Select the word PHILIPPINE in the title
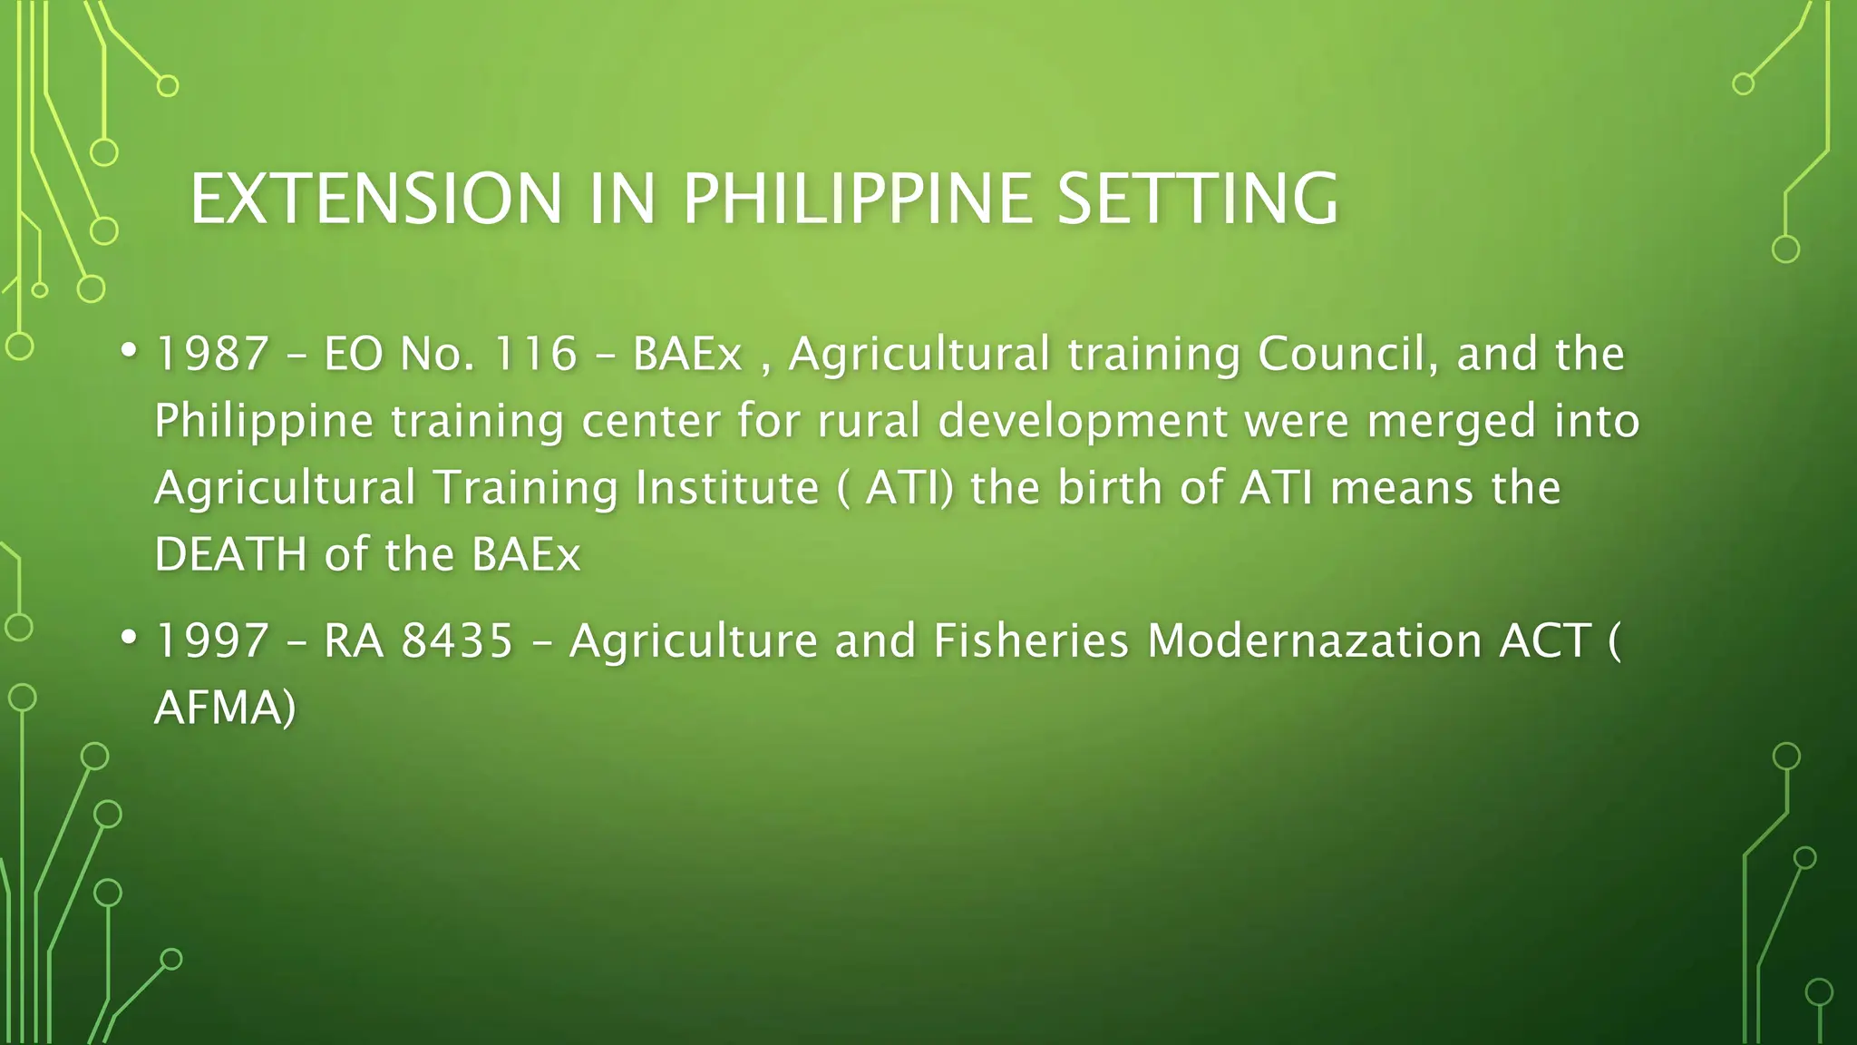856,199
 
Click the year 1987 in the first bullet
212,354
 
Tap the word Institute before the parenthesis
727,488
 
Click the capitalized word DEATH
231,554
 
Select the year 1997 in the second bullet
212,640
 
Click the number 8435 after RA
457,640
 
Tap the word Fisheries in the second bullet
1031,640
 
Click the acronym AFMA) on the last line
225,708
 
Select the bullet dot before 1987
129,350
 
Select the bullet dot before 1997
129,637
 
